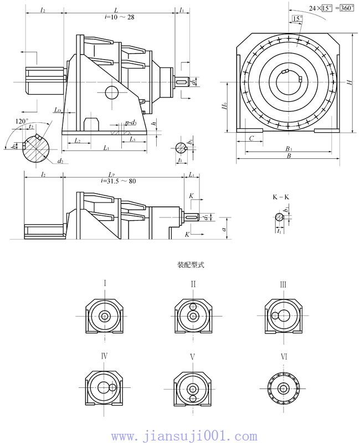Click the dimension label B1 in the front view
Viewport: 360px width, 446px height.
[289, 149]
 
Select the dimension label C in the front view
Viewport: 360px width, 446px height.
[252, 138]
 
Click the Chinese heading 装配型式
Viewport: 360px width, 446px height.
[190, 265]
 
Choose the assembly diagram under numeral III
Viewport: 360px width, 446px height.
[283, 316]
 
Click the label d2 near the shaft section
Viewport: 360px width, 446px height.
[59, 161]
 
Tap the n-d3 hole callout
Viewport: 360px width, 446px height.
[130, 123]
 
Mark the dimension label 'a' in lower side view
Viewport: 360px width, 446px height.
[224, 227]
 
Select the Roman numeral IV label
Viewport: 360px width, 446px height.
[104, 356]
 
